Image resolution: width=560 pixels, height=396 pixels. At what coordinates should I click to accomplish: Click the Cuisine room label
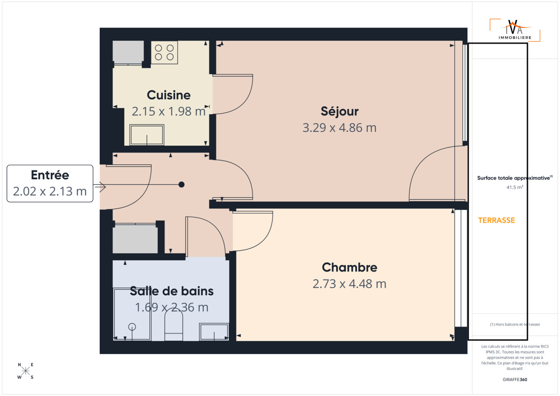168,95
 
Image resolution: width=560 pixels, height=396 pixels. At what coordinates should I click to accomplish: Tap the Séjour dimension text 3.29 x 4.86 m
339,128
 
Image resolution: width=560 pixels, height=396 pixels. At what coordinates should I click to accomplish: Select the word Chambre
350,267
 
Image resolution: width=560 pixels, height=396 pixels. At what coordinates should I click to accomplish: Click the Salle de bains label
172,291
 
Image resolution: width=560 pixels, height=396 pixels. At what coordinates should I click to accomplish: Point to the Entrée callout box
50,184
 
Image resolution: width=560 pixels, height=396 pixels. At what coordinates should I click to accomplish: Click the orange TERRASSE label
497,220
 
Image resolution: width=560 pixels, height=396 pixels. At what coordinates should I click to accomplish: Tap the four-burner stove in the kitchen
164,52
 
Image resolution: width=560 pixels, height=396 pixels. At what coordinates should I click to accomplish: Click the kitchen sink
147,135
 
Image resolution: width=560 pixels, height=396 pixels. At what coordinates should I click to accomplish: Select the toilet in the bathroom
174,325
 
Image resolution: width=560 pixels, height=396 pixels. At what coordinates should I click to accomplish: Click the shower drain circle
132,327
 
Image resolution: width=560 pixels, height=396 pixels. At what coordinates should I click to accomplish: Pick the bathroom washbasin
214,332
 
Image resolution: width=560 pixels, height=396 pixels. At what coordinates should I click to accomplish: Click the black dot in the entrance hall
182,184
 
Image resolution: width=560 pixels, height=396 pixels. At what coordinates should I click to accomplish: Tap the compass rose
25,371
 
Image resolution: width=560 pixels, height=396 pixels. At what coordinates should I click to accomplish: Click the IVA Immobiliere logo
515,30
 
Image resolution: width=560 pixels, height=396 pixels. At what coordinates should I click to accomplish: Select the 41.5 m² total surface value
515,187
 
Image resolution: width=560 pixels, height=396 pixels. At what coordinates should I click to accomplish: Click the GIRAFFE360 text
515,379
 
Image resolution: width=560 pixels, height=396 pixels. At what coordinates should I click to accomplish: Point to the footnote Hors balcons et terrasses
515,324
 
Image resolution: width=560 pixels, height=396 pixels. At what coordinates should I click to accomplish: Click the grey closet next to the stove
128,52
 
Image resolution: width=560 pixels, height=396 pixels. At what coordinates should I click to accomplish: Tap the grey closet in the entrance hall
135,239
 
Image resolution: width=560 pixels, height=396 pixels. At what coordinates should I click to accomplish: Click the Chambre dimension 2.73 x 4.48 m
350,284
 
